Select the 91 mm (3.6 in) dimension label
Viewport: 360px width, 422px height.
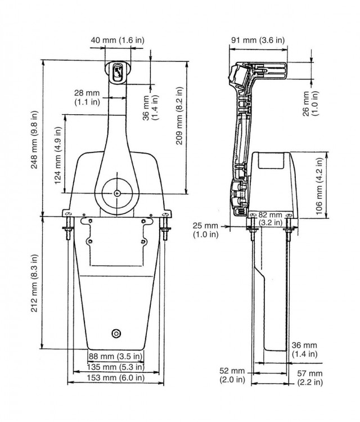coord(258,40)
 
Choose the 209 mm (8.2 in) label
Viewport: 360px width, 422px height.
coord(179,123)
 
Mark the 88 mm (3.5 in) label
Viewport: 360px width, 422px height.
coord(116,357)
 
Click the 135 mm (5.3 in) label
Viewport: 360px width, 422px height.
coord(116,367)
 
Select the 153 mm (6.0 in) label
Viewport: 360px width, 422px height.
coord(116,378)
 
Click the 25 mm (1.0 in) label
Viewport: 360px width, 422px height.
coord(206,230)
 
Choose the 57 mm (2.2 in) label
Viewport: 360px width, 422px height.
coord(309,378)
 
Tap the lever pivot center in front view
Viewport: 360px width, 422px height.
coord(116,193)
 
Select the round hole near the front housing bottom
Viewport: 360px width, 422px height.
coord(116,333)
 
